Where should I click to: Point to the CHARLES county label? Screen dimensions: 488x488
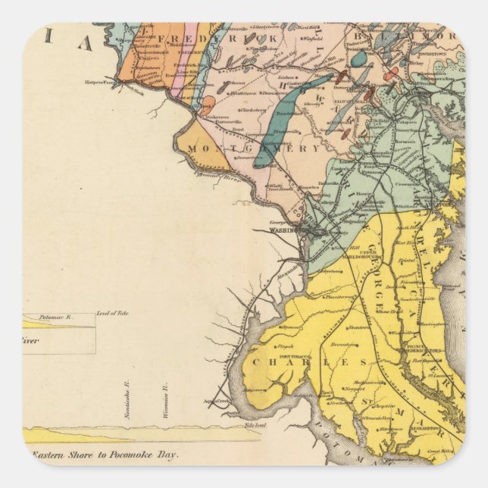point(304,362)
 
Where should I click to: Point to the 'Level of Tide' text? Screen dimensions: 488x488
point(112,314)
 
